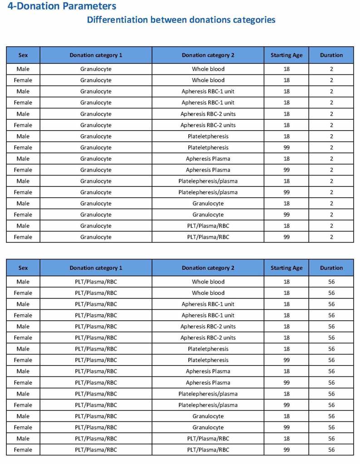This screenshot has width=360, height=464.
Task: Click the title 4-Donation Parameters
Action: [62, 6]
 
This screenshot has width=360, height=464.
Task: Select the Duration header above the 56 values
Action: [331, 268]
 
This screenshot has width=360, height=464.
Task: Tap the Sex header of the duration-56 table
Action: [23, 268]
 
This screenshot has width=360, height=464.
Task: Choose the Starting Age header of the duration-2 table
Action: [286, 55]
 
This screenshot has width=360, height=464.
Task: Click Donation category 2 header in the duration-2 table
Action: [208, 55]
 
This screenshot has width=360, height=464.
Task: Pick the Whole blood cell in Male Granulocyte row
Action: [208, 69]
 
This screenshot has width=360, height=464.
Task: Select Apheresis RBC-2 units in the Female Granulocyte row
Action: [208, 125]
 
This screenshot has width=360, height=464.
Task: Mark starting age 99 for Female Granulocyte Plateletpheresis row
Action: [286, 147]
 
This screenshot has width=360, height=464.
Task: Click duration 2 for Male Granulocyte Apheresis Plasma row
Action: [331, 159]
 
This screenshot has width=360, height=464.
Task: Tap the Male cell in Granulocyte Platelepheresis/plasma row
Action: [23, 181]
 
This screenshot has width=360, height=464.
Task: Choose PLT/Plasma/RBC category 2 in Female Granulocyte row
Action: [208, 237]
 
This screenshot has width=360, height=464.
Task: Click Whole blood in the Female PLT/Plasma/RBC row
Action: [208, 293]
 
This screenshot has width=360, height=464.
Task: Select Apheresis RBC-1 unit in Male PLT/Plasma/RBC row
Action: [208, 304]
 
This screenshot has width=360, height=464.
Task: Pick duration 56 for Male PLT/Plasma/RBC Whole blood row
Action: [331, 282]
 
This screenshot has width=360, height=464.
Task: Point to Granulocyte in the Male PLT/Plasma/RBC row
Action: [208, 416]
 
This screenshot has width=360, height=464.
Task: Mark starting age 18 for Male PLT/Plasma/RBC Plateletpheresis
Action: [286, 349]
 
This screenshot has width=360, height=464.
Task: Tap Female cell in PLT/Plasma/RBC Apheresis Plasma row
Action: [23, 382]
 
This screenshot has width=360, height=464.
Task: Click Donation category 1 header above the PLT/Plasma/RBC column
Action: [96, 268]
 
